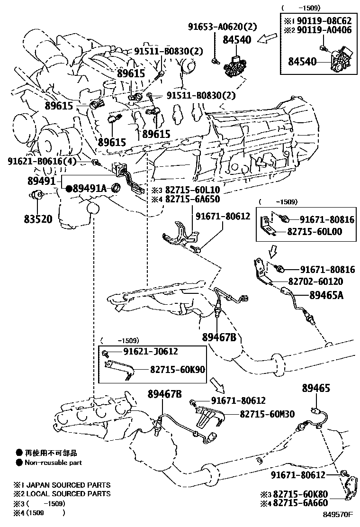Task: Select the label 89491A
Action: coord(89,189)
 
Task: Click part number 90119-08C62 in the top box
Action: coord(323,21)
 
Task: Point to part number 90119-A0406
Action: coord(323,31)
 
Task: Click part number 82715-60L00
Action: coord(321,232)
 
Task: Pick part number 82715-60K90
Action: coord(176,368)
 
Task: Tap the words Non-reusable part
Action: coord(53,463)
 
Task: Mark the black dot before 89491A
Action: coord(69,189)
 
